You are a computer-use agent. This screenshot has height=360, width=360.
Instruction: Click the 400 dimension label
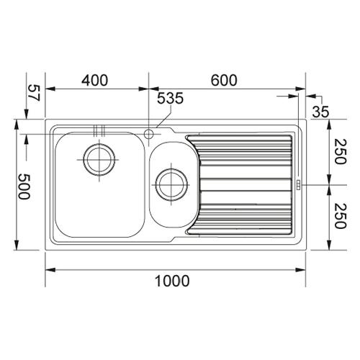click(95, 81)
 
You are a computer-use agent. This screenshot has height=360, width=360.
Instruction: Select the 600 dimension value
click(224, 81)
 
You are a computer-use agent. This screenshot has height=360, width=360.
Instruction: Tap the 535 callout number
click(170, 98)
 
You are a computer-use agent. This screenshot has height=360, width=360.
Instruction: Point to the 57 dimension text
click(34, 93)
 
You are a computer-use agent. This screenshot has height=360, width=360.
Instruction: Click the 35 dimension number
click(320, 112)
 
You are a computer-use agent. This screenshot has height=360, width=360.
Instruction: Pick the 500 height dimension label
click(24, 186)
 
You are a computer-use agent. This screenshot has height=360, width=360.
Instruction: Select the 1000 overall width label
click(172, 281)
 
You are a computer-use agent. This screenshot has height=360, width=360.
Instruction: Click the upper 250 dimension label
click(341, 152)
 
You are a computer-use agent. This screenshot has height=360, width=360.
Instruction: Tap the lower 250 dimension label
click(341, 216)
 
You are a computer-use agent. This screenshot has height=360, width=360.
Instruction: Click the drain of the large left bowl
click(99, 160)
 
